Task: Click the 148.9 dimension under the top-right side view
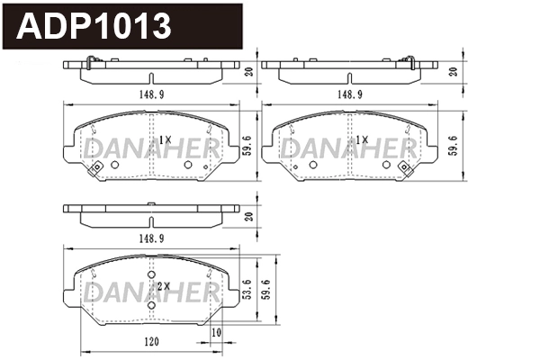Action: (x=350, y=93)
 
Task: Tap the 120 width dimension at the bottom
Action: (x=150, y=342)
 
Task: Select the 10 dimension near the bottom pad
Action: (x=216, y=333)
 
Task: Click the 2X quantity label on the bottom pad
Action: (x=163, y=285)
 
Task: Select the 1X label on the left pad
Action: (x=165, y=139)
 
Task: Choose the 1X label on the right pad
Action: (x=362, y=139)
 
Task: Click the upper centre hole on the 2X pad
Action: (x=151, y=275)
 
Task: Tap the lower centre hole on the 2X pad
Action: (x=151, y=304)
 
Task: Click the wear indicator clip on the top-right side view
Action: (x=409, y=62)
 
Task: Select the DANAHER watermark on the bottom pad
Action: (x=150, y=292)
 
